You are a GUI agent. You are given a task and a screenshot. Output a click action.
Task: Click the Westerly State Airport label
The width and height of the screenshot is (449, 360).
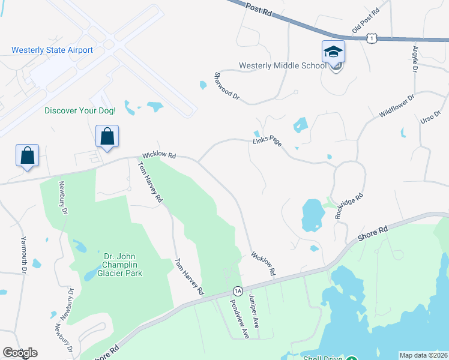52,50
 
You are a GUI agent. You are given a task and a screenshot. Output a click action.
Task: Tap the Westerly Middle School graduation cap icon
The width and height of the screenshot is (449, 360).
333,52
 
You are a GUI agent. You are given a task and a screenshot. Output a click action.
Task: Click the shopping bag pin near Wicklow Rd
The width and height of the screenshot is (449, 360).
107,136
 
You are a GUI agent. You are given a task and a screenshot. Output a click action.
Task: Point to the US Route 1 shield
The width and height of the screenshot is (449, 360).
372,38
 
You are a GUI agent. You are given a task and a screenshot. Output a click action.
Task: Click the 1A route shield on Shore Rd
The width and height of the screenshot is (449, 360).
238,290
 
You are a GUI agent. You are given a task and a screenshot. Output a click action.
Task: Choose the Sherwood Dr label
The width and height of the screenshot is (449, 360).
227,87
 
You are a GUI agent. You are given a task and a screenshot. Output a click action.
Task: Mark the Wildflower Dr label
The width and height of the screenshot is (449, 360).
397,106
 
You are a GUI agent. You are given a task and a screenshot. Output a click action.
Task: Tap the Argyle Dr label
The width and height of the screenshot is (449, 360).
415,58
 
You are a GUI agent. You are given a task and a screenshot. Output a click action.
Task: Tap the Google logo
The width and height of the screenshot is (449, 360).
20,353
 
